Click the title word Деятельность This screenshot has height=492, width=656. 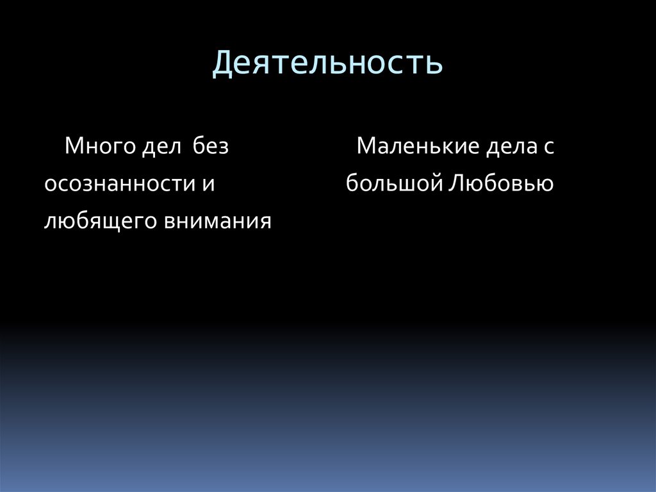pos(327,64)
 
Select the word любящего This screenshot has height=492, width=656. pos(99,222)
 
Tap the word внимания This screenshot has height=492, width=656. pos(218,221)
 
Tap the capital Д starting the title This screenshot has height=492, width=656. pos(222,64)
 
